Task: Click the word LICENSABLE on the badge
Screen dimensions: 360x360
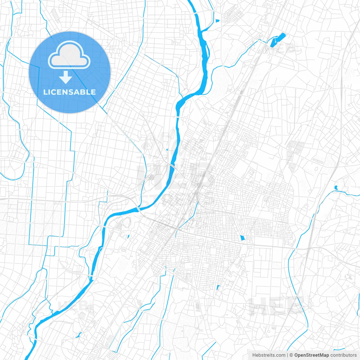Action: coord(69,92)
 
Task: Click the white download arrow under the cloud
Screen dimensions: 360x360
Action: coord(66,77)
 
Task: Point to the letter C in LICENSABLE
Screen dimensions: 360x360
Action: coord(53,92)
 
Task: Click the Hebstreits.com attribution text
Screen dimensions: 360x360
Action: coord(269,355)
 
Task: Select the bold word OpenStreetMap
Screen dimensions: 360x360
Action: coord(311,355)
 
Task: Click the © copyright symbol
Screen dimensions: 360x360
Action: coord(291,355)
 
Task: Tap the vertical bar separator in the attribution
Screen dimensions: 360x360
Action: coord(287,355)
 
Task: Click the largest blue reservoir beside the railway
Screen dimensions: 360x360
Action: coord(278,40)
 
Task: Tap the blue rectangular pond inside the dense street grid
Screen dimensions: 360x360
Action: coord(242,238)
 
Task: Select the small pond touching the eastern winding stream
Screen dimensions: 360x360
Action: coord(336,187)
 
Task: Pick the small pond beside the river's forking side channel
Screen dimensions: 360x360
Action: coord(217,21)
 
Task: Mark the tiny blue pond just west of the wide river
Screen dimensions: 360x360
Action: coord(167,150)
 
